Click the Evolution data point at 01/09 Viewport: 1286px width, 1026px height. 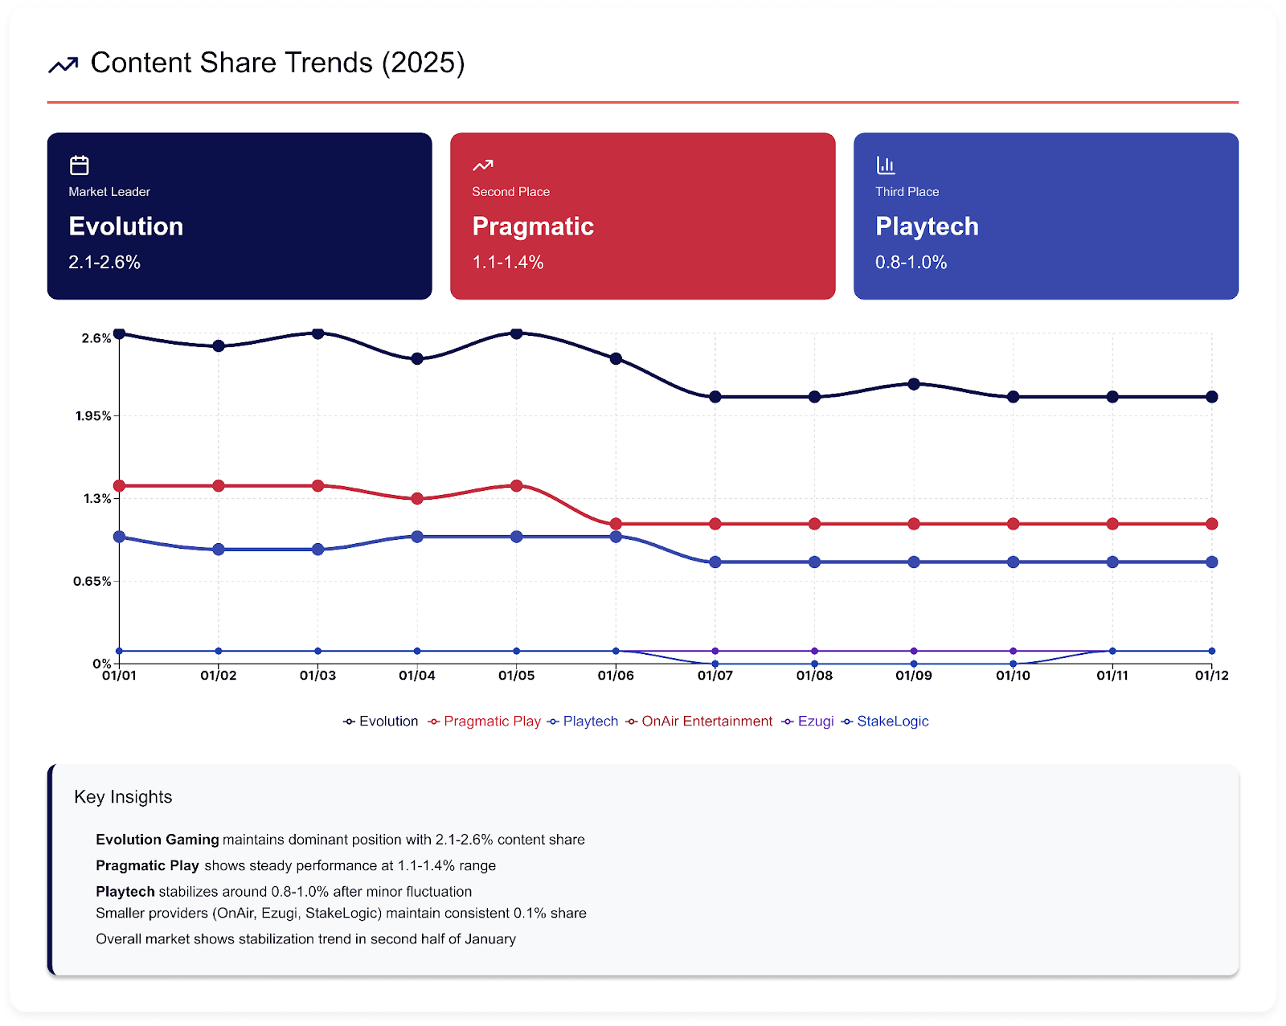pyautogui.click(x=914, y=384)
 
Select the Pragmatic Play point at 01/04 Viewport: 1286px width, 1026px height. pyautogui.click(x=417, y=499)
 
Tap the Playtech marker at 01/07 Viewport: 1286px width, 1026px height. pyautogui.click(x=715, y=562)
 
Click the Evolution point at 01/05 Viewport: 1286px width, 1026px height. pyautogui.click(x=517, y=333)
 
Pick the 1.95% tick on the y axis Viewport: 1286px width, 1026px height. pyautogui.click(x=93, y=415)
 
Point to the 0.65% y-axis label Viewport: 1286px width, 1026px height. pyautogui.click(x=92, y=581)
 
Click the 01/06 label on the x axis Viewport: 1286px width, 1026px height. pyautogui.click(x=616, y=676)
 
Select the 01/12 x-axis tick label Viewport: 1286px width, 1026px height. pyautogui.click(x=1211, y=676)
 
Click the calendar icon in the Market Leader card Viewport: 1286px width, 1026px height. pyautogui.click(x=80, y=166)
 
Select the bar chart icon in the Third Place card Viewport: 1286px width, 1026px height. pyautogui.click(x=886, y=166)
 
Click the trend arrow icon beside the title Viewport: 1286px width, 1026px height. pyautogui.click(x=63, y=64)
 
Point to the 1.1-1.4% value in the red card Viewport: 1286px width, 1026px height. pyautogui.click(x=508, y=263)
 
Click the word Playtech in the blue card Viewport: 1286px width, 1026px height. pyautogui.click(x=927, y=227)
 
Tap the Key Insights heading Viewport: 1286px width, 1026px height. pyautogui.click(x=123, y=797)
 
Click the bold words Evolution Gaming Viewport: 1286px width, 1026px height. pyautogui.click(x=158, y=840)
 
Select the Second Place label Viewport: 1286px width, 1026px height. pyautogui.click(x=511, y=192)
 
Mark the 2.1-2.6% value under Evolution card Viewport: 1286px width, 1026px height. pyautogui.click(x=104, y=263)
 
